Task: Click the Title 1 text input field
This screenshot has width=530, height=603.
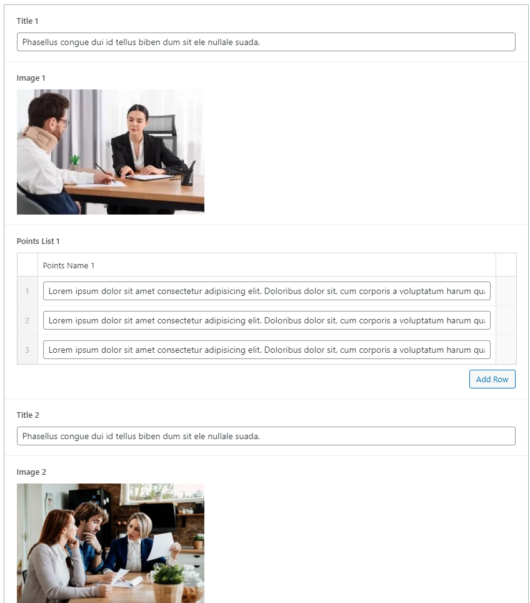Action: click(x=266, y=42)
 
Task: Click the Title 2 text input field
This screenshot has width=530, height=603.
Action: click(x=266, y=436)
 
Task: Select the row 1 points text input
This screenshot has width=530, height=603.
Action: click(x=266, y=291)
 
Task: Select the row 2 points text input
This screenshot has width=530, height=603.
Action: click(x=266, y=320)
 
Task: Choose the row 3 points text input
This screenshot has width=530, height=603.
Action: click(x=266, y=350)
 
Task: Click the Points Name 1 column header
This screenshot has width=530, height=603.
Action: click(x=69, y=265)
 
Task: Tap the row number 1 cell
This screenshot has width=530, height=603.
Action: click(x=27, y=291)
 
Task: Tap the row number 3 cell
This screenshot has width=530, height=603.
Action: click(x=27, y=350)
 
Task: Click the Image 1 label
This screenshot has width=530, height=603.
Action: click(x=31, y=78)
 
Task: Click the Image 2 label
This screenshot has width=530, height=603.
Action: click(x=31, y=472)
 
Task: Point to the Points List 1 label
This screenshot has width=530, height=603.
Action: click(x=38, y=241)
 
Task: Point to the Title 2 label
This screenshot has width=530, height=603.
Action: click(x=28, y=415)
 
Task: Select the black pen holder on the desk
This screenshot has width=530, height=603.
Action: click(x=187, y=176)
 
